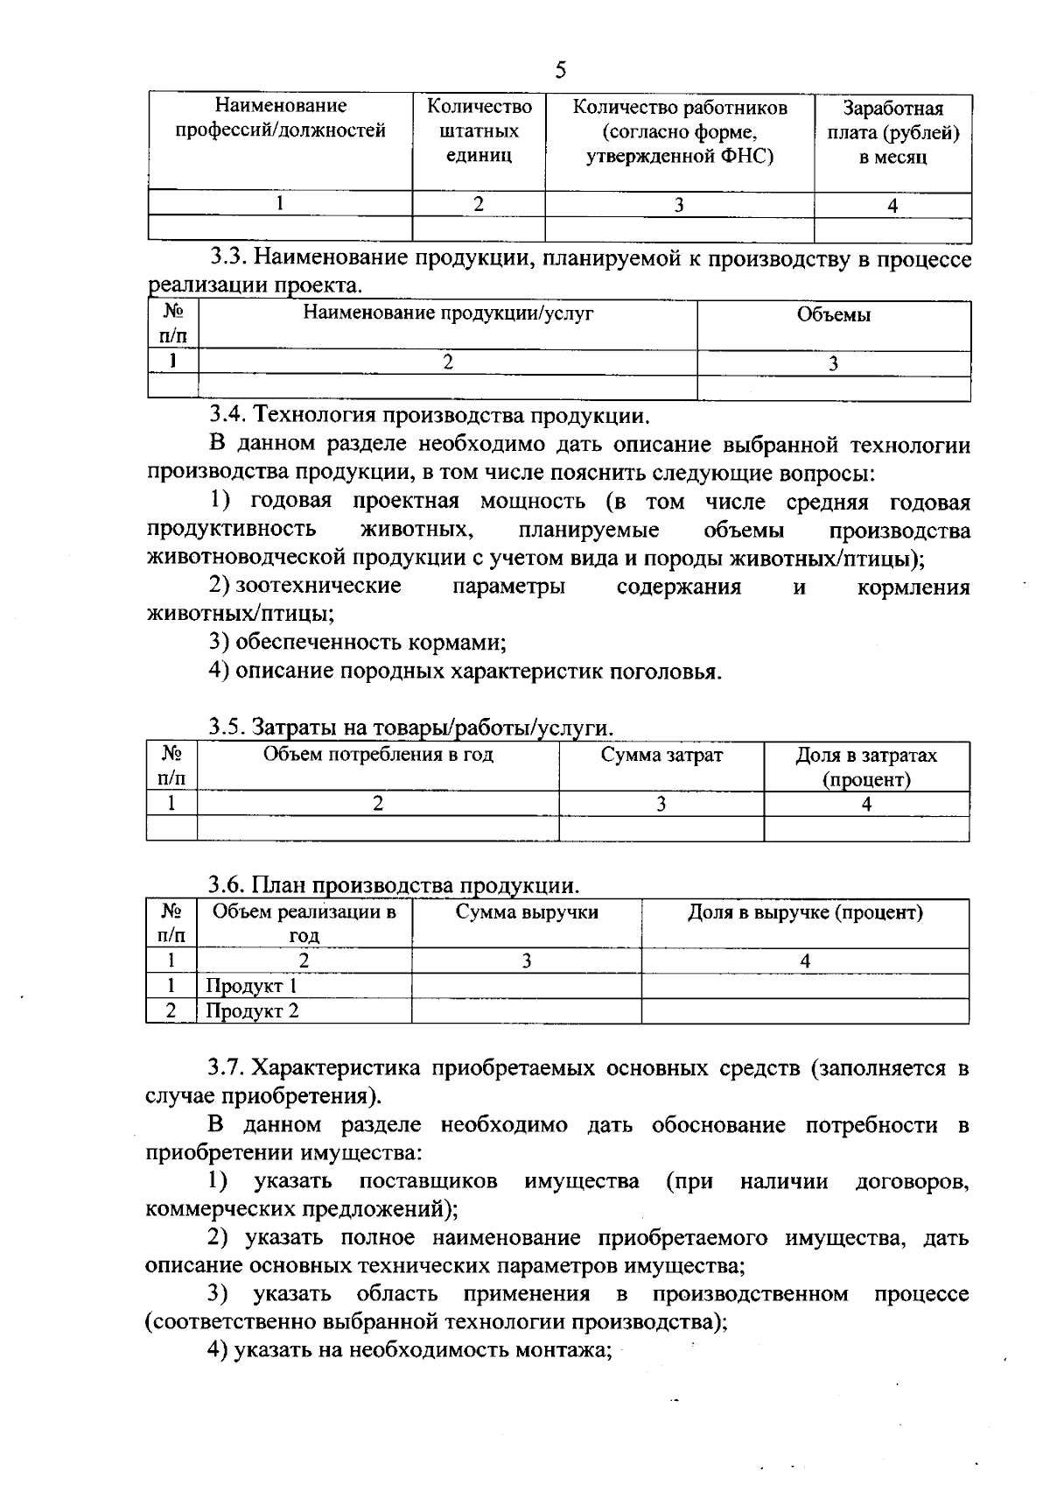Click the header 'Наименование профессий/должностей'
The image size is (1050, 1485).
(281, 119)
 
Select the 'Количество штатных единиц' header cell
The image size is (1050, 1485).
(479, 131)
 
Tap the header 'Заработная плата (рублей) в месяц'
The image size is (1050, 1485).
(892, 133)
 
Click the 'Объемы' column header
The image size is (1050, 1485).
(833, 315)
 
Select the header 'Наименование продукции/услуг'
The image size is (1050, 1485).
(448, 313)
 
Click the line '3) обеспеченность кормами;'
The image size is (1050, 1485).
(358, 642)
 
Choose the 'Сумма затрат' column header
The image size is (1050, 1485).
(661, 755)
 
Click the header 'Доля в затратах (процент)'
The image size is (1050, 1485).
(866, 766)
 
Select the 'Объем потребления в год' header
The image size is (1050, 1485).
(378, 755)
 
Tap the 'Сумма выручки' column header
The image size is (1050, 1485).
(527, 912)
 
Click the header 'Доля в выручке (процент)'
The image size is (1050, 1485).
(805, 912)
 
